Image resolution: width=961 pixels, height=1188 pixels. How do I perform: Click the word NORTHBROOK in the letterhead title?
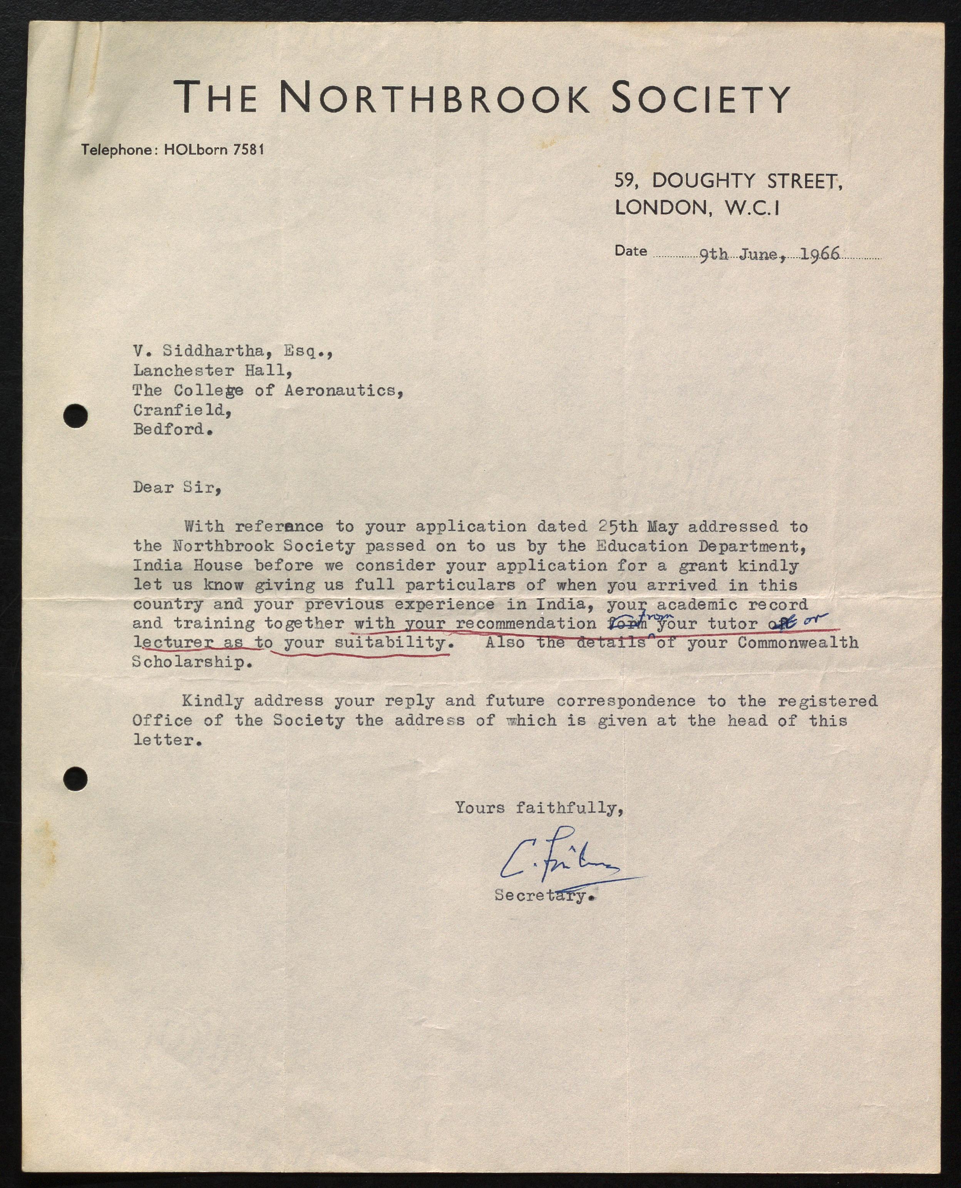click(x=434, y=97)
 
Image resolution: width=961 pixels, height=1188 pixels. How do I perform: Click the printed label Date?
click(x=631, y=251)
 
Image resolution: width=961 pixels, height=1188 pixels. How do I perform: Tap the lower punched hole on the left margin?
click(x=75, y=779)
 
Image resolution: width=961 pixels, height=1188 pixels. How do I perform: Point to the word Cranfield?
click(x=182, y=410)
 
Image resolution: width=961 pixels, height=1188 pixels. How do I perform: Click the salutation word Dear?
click(x=153, y=488)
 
